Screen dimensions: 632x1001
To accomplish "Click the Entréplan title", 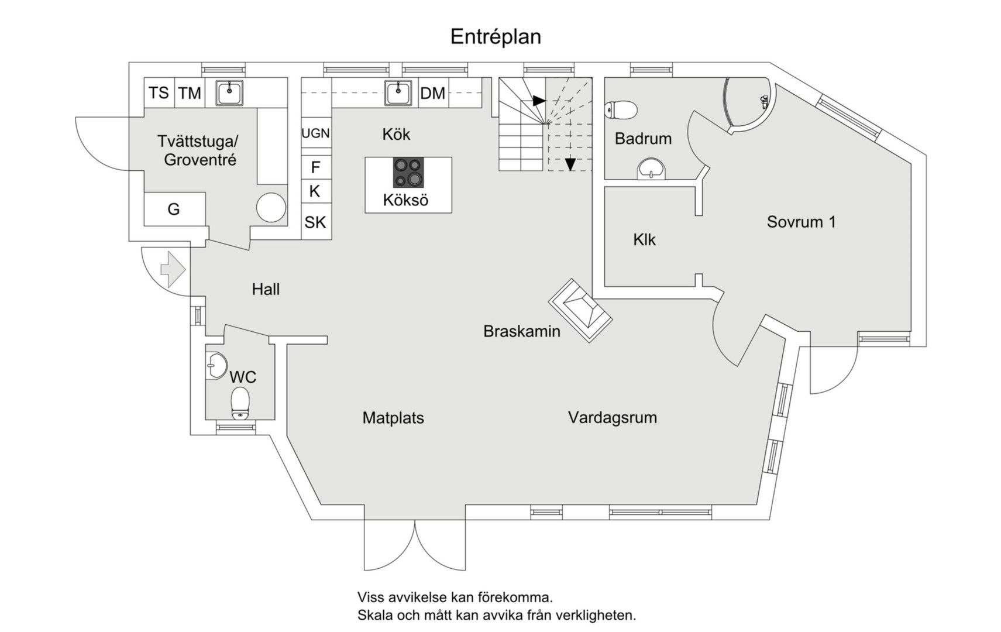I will [x=496, y=37].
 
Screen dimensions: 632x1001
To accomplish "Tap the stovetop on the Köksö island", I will [x=408, y=173].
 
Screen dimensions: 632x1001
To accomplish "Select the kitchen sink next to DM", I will [x=398, y=92].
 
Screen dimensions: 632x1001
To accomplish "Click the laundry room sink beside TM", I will [x=229, y=92].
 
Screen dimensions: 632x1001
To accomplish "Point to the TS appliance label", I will [x=159, y=92].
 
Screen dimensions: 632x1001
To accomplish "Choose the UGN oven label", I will [x=315, y=133].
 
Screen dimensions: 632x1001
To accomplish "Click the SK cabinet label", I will [x=315, y=222].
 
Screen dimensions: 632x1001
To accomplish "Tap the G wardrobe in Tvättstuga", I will [x=174, y=209].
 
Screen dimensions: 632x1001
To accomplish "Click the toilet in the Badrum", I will [x=621, y=109].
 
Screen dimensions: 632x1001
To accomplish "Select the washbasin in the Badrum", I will [x=651, y=169].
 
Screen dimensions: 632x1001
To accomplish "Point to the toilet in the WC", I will [x=240, y=404].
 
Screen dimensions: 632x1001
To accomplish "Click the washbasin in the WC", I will [x=216, y=366].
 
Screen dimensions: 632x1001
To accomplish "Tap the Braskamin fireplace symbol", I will [x=580, y=310].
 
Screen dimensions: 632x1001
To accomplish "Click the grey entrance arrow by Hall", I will [x=173, y=269].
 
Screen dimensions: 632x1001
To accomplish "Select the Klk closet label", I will [x=644, y=239].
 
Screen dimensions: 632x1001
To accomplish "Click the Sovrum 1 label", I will [x=801, y=222].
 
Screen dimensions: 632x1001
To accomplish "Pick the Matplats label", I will [x=393, y=418].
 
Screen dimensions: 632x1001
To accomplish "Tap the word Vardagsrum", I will [x=612, y=417].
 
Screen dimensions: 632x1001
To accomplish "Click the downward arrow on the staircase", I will [x=570, y=164].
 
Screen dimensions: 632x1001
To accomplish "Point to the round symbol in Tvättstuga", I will [x=271, y=207].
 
